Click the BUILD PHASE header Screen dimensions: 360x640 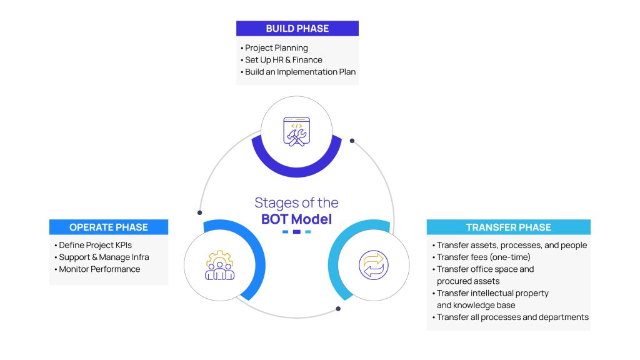pos(297,28)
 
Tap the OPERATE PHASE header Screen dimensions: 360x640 pos(109,227)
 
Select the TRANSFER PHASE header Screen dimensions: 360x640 pos(508,227)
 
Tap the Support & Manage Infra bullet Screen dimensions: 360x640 pos(104,257)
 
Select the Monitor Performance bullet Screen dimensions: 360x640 pos(99,269)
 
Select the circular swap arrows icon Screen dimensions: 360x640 pos(373,264)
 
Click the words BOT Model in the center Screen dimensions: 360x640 pos(296,219)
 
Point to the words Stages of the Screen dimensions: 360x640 pos(296,202)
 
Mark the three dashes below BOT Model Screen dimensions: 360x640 pos(296,232)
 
